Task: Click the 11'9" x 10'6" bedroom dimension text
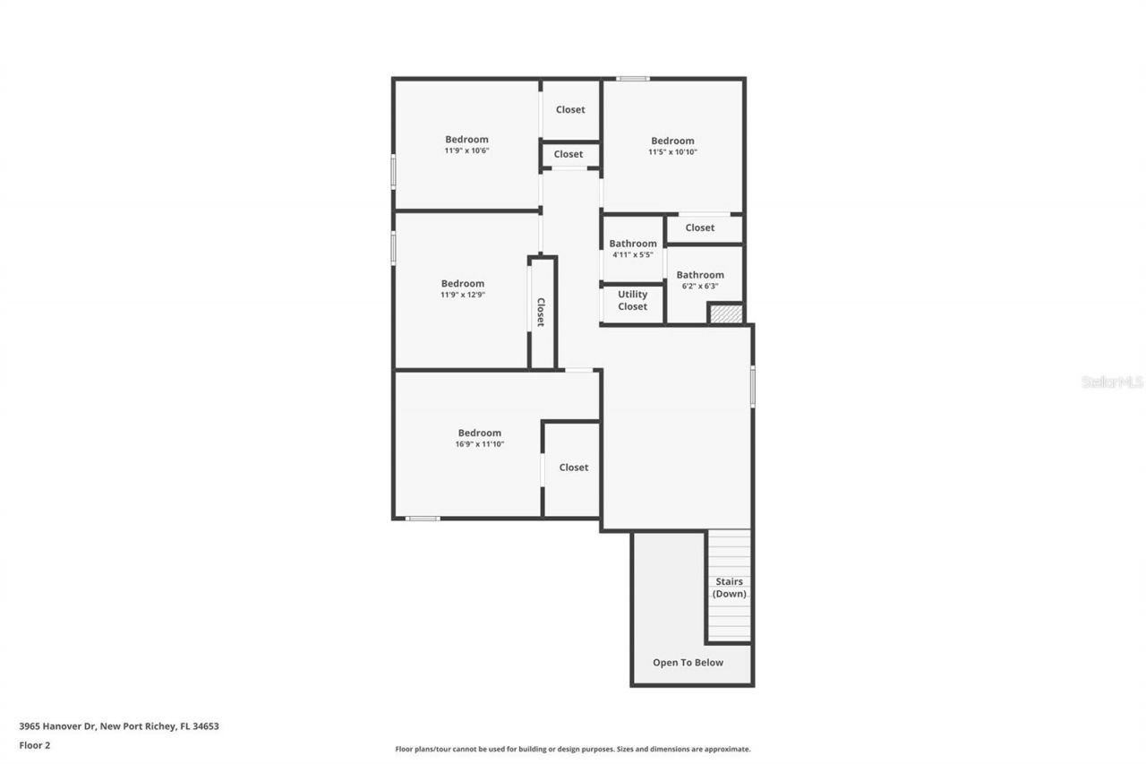[466, 151]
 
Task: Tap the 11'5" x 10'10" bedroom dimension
[672, 152]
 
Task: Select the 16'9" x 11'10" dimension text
[479, 444]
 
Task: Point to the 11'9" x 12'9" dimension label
[462, 295]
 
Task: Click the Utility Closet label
[632, 301]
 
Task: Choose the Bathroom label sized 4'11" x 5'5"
[633, 244]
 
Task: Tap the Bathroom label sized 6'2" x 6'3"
[700, 275]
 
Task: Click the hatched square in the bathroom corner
[726, 314]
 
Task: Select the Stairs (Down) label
[729, 588]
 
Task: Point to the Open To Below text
[688, 663]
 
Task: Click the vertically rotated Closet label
[541, 312]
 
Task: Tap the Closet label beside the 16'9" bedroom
[574, 468]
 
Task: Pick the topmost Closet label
[570, 110]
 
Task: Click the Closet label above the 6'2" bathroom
[700, 227]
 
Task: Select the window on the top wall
[633, 79]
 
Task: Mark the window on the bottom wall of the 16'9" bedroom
[423, 518]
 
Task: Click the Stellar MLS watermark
[1112, 382]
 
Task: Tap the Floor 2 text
[35, 744]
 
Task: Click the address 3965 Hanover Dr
[118, 726]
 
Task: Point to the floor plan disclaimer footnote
[573, 749]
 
